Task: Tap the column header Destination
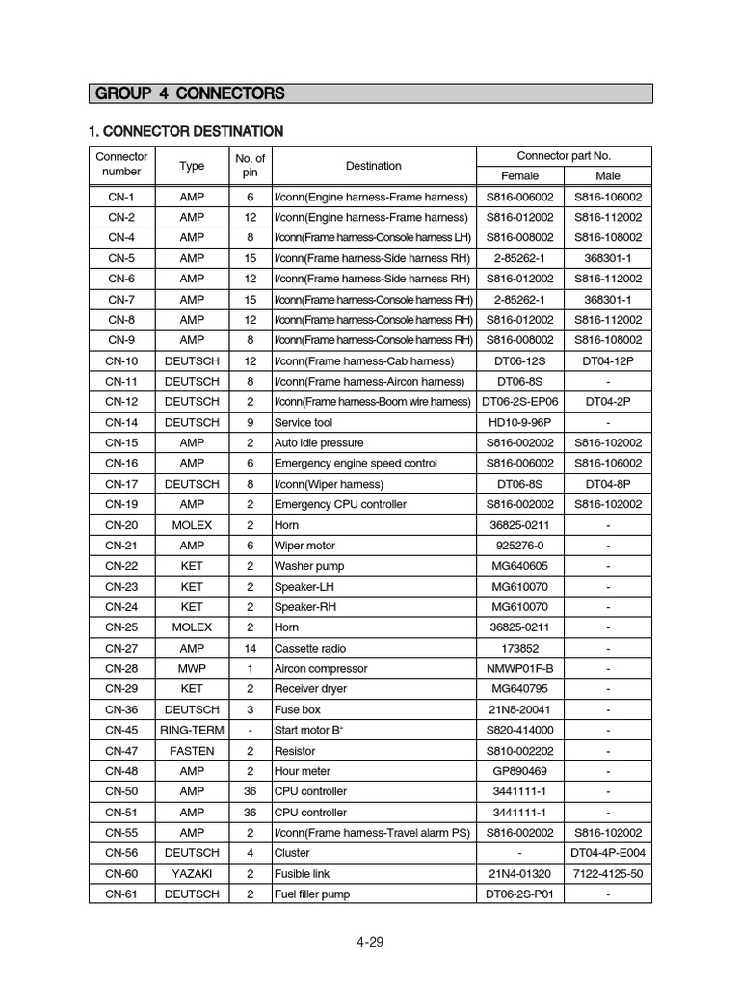pos(373,166)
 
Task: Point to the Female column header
pos(519,176)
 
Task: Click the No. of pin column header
pos(250,165)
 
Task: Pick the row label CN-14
pos(121,422)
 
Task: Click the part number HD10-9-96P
pos(519,422)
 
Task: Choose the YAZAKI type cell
pos(192,873)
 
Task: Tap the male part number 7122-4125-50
pos(607,873)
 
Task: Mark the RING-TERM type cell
pos(192,730)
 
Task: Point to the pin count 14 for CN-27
pos(250,648)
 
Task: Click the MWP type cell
pos(192,668)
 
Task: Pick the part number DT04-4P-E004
pos(607,853)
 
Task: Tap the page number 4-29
pos(369,942)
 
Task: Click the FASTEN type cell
pos(192,750)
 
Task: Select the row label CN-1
pos(121,197)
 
